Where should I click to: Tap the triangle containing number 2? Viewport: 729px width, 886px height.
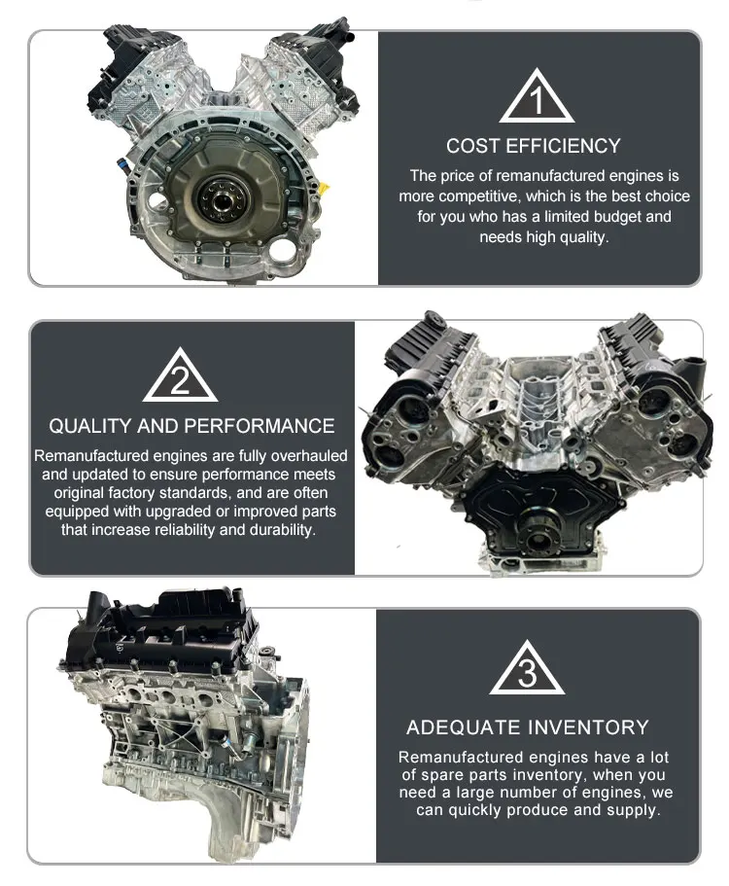[x=180, y=378]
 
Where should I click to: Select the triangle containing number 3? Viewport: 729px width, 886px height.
[x=527, y=671]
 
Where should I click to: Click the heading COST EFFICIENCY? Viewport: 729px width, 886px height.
[x=533, y=146]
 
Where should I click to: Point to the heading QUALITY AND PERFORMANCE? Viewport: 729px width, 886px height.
[x=191, y=426]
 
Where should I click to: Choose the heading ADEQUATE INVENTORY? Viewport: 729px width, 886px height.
[x=528, y=727]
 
